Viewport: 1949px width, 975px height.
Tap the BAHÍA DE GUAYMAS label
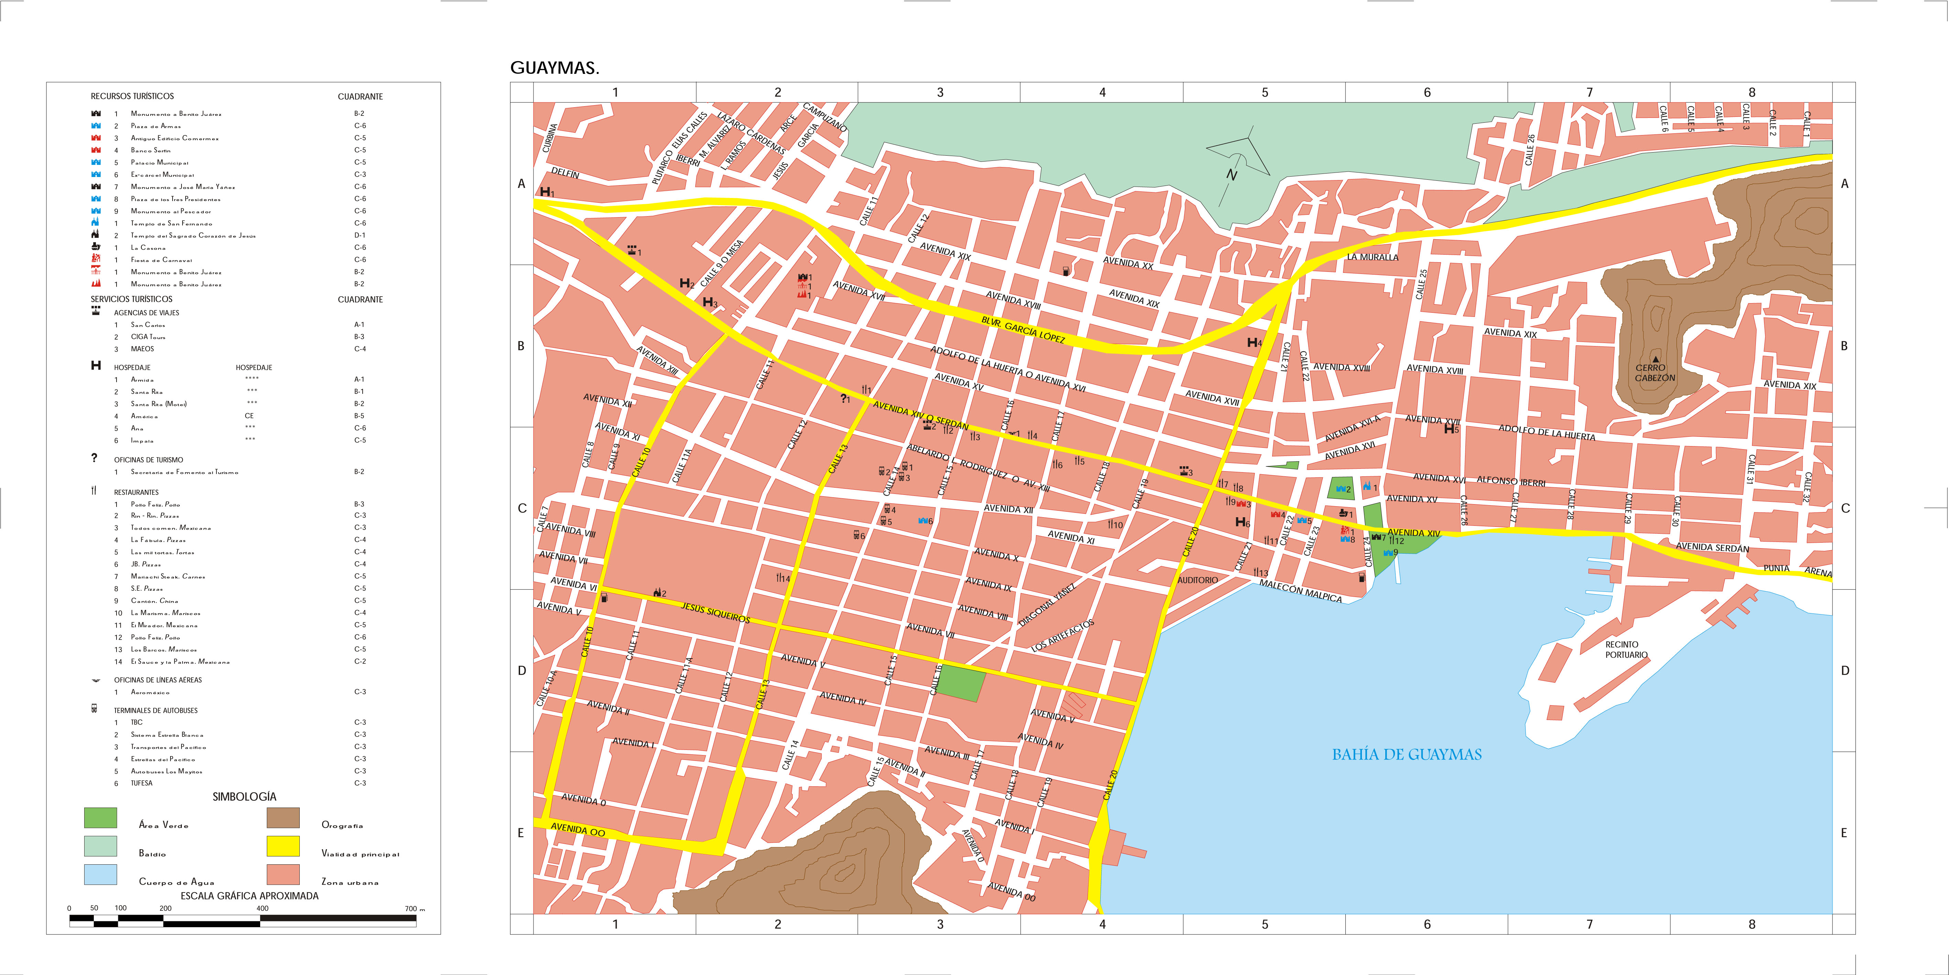pos(1407,754)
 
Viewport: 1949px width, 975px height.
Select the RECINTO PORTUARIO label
pos(1626,650)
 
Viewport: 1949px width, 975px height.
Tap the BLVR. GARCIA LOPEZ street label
pos(1023,330)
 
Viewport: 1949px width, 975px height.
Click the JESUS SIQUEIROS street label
pos(715,613)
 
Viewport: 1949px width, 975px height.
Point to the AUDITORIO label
pos(1198,580)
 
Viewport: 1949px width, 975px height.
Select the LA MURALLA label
pos(1373,257)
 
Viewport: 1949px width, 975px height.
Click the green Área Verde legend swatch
pos(101,818)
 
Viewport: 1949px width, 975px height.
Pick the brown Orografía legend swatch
pos(283,818)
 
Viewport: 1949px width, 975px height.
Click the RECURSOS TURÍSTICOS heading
pos(132,96)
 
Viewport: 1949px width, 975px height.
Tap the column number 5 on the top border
pos(1264,92)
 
